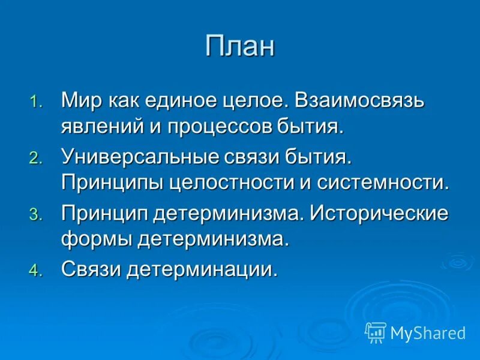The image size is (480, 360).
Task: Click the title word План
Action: (x=240, y=46)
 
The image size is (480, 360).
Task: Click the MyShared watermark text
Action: (x=428, y=333)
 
